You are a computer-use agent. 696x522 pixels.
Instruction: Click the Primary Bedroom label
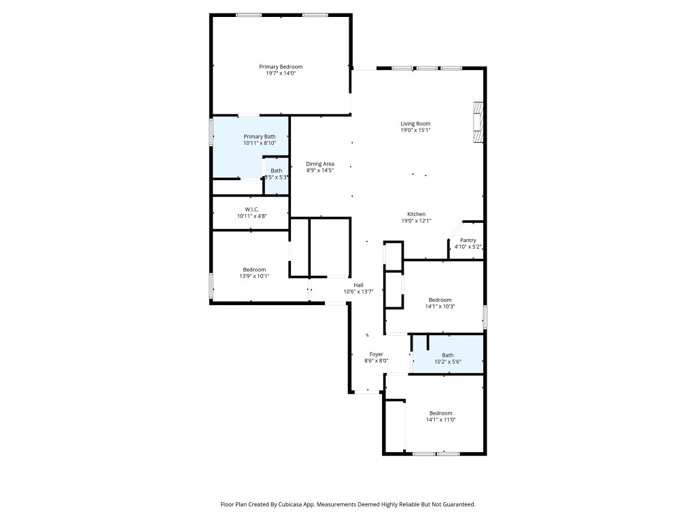281,67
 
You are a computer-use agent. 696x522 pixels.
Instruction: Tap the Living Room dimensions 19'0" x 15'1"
415,130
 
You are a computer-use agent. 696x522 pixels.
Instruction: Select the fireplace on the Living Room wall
478,122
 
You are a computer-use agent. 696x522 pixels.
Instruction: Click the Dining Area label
319,164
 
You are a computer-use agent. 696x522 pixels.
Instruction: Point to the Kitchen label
416,214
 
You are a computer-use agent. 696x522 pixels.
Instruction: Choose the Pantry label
468,240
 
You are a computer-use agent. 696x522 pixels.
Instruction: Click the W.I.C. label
251,209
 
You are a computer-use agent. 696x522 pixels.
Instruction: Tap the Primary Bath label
260,137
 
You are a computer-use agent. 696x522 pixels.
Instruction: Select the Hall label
358,285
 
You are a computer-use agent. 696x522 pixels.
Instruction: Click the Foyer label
376,354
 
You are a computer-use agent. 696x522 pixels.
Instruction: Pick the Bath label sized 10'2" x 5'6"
447,355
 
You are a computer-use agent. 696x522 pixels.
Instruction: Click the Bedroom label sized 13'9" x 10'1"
254,269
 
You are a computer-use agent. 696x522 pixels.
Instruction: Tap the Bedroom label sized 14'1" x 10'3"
440,300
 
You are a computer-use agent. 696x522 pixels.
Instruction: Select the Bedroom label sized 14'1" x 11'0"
440,413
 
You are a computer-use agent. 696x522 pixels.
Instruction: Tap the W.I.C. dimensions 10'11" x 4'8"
251,216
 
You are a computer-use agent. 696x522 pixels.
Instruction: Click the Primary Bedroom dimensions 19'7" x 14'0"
281,73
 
